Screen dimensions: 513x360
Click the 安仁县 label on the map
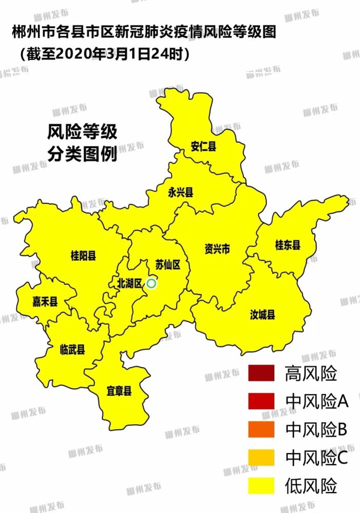203,146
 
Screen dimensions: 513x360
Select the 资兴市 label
217,249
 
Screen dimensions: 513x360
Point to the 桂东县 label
288,245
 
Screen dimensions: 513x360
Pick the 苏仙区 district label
168,265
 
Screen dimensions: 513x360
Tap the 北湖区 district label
129,283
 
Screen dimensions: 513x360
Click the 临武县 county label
72,349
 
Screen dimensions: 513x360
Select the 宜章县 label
119,391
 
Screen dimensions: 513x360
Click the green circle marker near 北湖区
151,283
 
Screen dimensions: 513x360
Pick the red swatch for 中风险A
263,401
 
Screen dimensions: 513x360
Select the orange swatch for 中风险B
263,429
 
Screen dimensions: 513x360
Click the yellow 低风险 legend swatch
263,485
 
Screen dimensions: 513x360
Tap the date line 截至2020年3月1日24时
105,53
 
